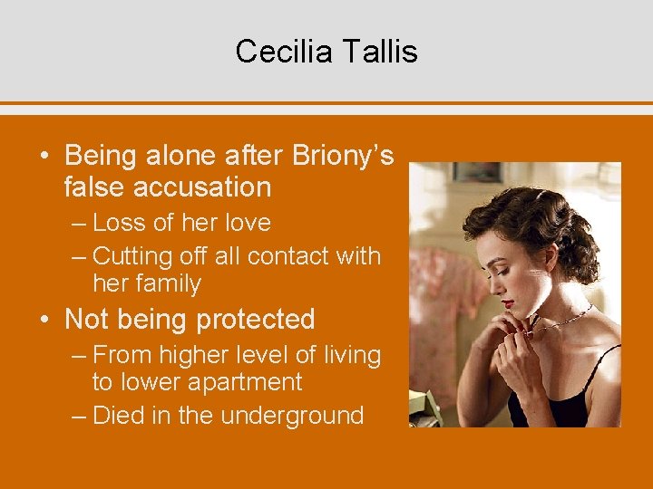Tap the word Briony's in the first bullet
click(x=343, y=156)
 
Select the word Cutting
click(x=133, y=257)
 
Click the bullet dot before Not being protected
click(x=44, y=321)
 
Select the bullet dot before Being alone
click(x=44, y=157)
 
